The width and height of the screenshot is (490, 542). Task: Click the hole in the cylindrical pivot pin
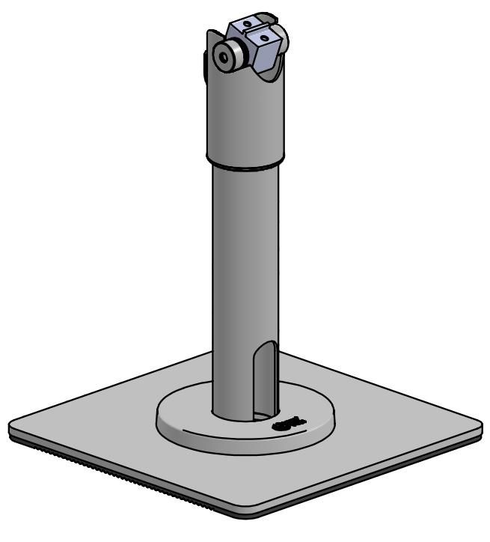coord(222,55)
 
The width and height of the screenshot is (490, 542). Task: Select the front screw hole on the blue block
coord(262,34)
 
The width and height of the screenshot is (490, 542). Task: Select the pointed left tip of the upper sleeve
coord(210,34)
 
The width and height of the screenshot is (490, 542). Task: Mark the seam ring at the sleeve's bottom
coord(245,166)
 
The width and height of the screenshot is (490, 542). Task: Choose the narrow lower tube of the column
coord(239,284)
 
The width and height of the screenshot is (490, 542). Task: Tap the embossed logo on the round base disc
coord(287,424)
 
